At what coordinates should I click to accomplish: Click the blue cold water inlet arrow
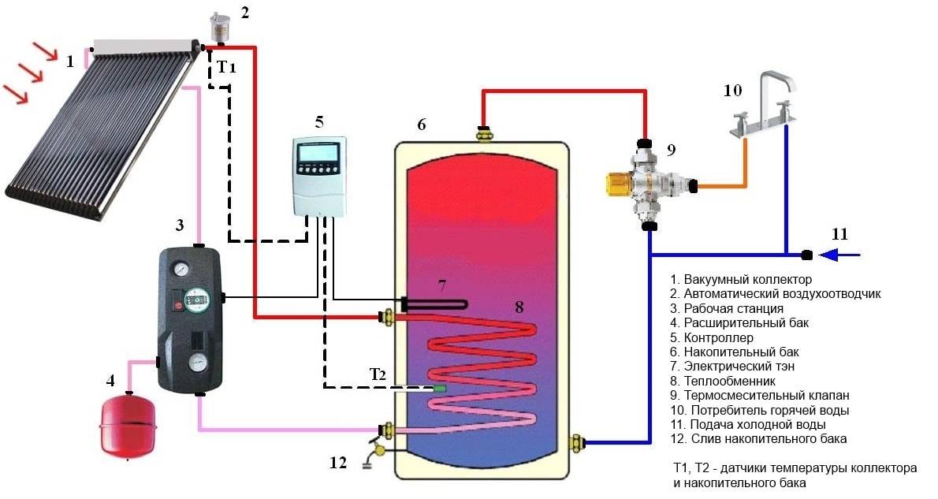840,255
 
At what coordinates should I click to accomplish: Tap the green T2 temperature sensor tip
440,388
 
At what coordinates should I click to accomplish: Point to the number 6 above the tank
422,125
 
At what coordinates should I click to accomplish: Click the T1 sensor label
226,68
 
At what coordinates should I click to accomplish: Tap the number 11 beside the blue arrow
839,234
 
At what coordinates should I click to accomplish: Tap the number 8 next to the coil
519,307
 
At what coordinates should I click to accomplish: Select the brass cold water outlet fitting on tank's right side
579,442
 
